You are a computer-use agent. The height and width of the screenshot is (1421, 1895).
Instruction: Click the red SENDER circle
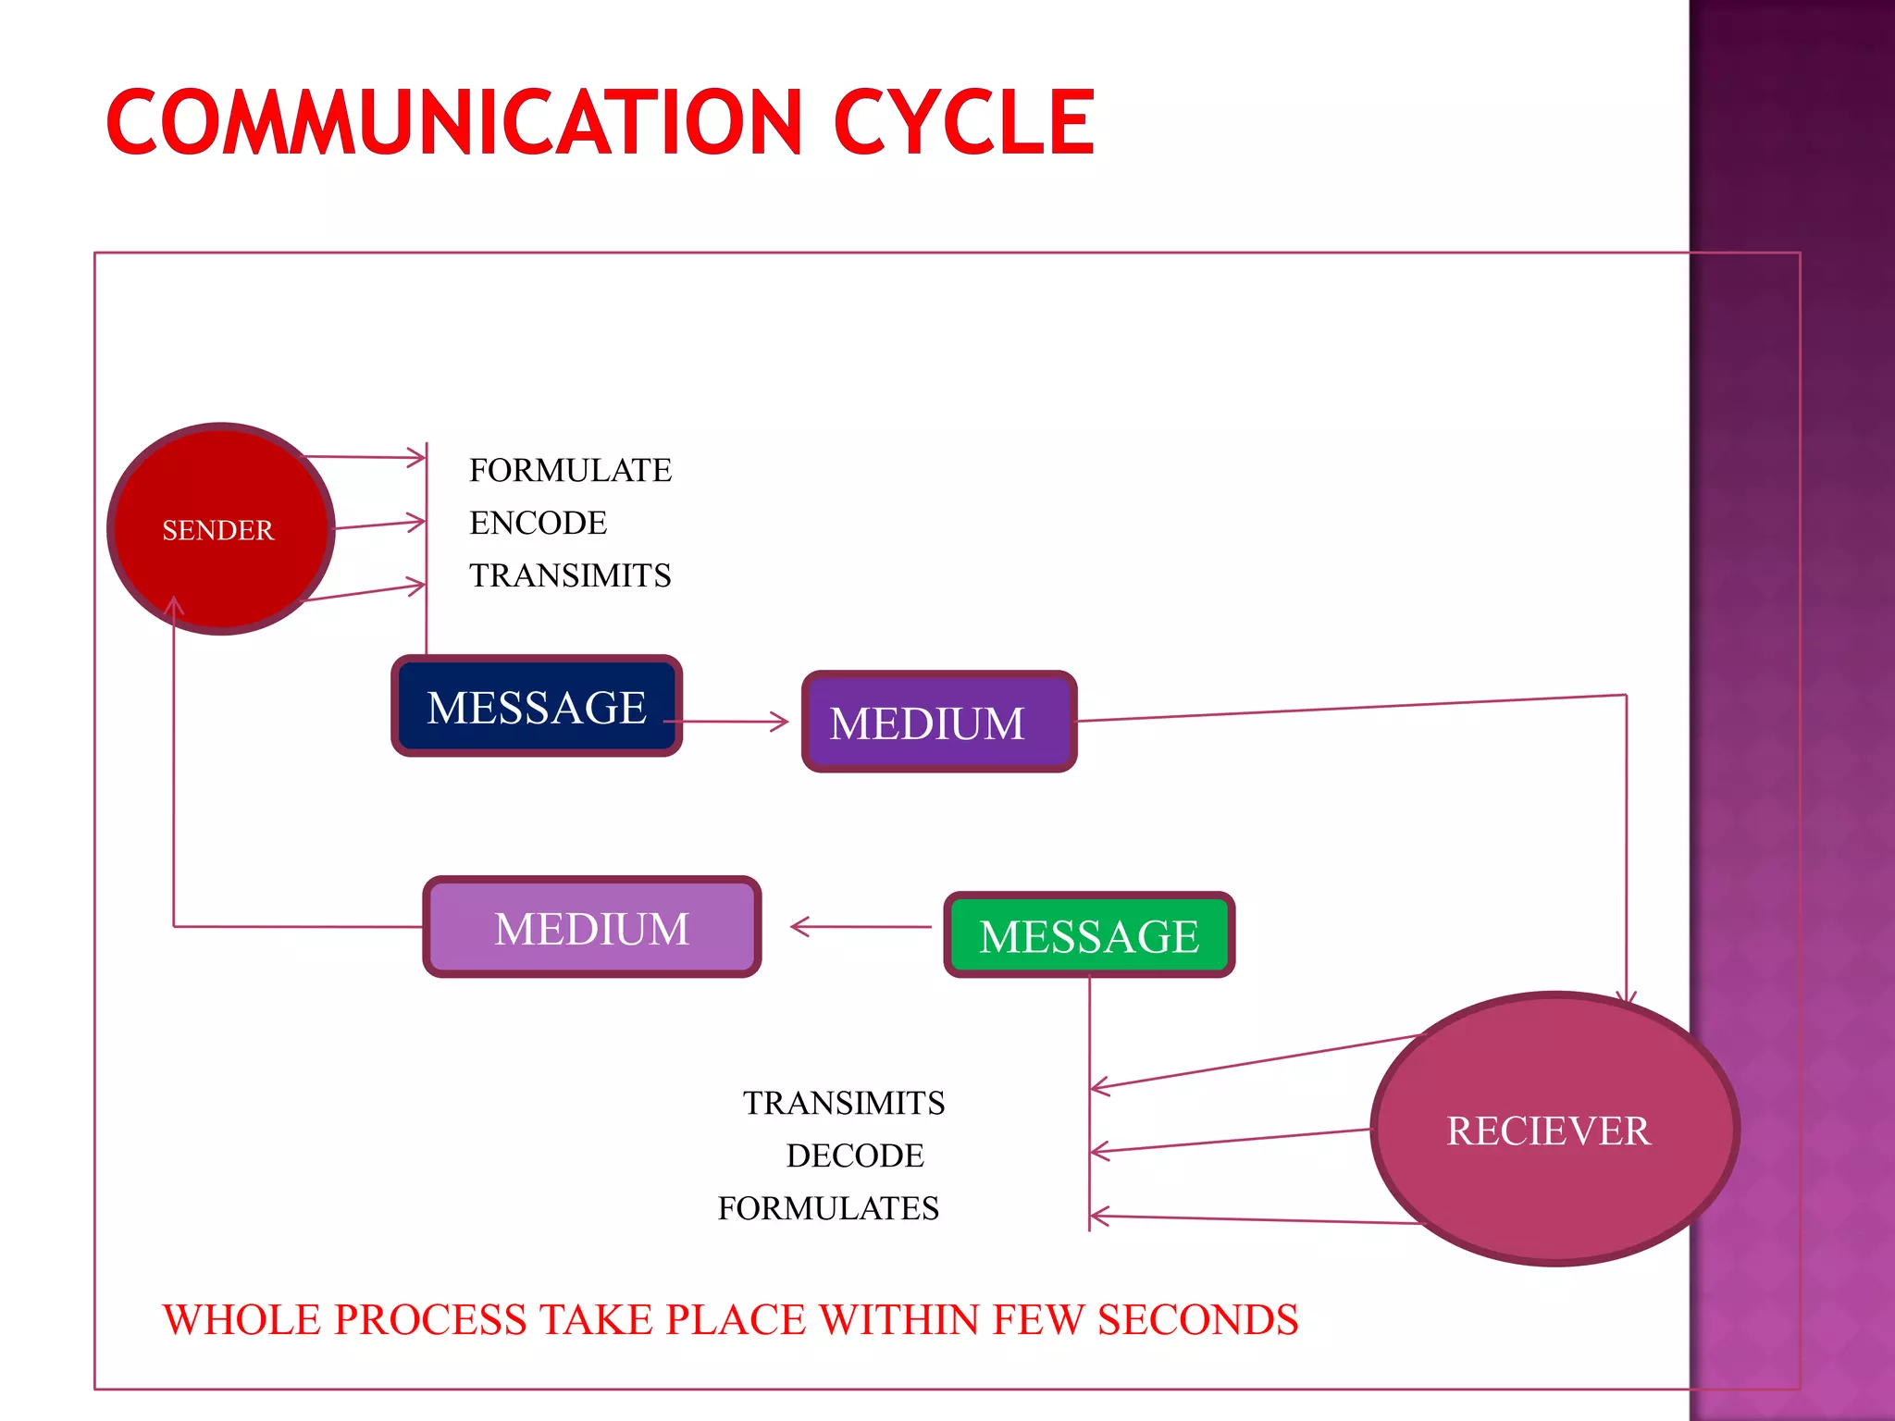(220, 529)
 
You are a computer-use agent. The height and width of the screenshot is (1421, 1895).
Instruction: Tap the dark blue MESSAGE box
(537, 707)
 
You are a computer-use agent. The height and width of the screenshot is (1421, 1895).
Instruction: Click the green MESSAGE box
(1089, 935)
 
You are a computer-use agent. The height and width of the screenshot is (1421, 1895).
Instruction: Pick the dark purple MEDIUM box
(938, 723)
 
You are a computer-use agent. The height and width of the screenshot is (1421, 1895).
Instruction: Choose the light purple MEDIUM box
(592, 927)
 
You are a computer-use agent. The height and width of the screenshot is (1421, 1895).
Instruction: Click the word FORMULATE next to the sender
(570, 470)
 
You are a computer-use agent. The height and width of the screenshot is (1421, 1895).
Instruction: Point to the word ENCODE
(538, 523)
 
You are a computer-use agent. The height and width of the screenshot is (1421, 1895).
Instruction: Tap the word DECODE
(855, 1155)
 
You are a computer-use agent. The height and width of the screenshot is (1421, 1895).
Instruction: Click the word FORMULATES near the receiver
(828, 1208)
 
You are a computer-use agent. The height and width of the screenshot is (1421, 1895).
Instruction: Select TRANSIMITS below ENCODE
(570, 575)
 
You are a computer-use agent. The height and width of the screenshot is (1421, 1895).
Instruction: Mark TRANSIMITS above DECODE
(844, 1103)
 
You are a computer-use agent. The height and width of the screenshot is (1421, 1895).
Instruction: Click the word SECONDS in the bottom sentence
(1197, 1319)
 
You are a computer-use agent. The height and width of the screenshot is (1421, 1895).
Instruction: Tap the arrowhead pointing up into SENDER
(174, 605)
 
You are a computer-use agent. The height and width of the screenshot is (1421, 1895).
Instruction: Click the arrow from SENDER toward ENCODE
(379, 525)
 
